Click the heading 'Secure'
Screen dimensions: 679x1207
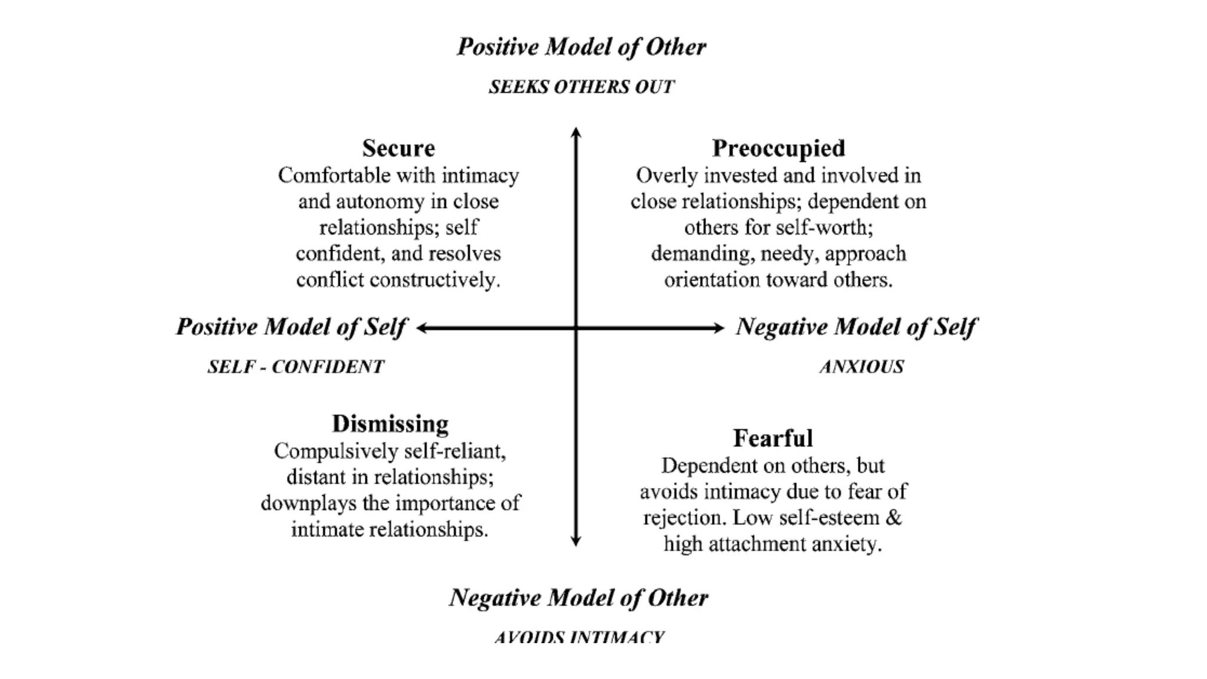[398, 148]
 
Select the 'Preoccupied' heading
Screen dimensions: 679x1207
[778, 148]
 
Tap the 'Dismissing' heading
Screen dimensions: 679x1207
[390, 424]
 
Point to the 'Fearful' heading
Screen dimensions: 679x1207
[773, 439]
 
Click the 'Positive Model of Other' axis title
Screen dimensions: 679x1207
[581, 47]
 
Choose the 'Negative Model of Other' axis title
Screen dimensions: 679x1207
[578, 598]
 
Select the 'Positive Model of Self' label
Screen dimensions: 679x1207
[291, 327]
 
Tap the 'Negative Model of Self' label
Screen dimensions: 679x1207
[856, 327]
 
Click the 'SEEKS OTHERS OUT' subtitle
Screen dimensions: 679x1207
[581, 87]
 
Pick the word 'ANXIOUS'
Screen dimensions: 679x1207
[861, 367]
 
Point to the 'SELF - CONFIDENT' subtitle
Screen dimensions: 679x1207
[295, 367]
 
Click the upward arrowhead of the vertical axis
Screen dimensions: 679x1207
[576, 132]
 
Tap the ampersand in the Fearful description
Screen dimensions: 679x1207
[893, 518]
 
